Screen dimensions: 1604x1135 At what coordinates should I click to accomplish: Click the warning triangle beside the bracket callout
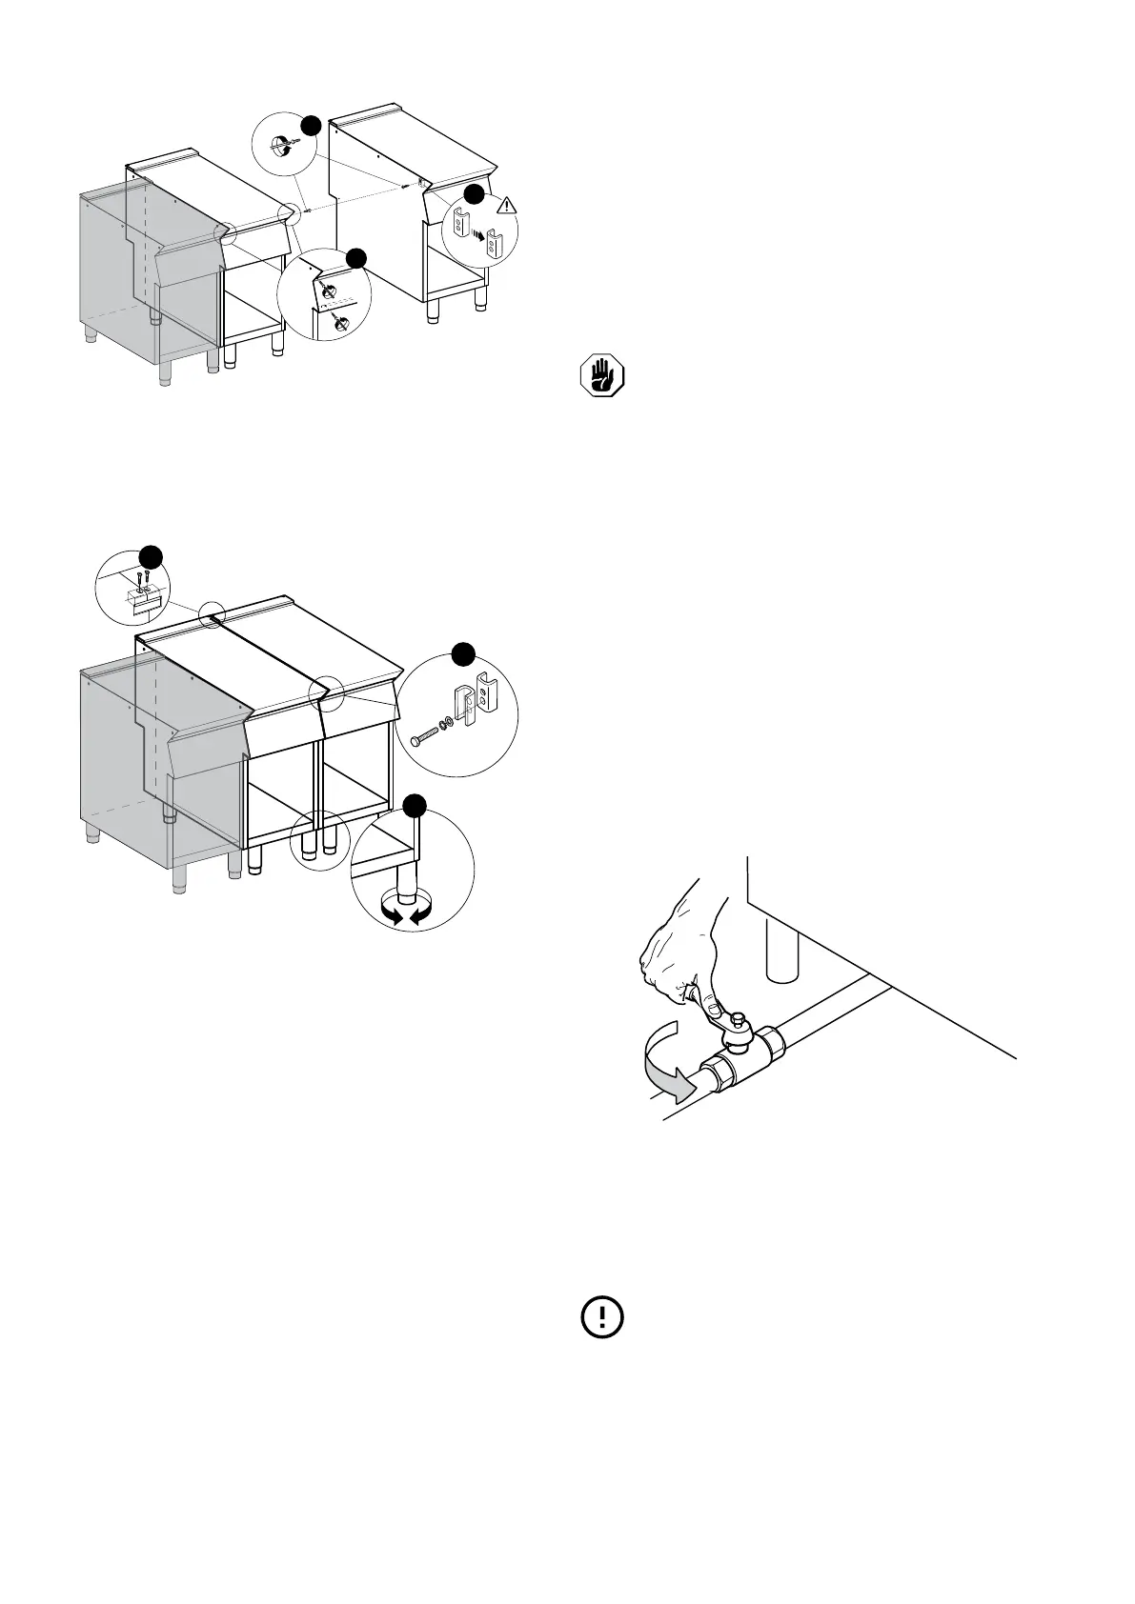[x=507, y=204]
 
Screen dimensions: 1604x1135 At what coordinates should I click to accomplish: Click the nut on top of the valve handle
[x=736, y=1021]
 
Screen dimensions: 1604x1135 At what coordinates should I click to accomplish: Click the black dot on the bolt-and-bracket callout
[x=463, y=654]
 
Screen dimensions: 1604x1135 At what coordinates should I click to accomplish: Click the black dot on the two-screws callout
[x=152, y=556]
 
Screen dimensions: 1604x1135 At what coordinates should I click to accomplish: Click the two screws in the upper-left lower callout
[x=142, y=580]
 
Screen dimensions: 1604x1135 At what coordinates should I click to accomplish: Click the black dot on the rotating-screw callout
[x=311, y=125]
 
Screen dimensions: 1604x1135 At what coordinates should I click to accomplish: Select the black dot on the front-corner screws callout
[x=355, y=257]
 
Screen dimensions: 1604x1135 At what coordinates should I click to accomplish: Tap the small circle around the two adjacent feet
[x=319, y=837]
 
